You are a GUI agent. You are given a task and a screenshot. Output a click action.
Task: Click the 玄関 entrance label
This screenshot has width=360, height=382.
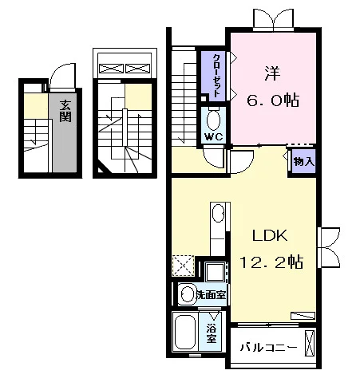[x=65, y=111]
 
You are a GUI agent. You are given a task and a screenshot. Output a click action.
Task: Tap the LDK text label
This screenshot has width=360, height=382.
[x=270, y=235]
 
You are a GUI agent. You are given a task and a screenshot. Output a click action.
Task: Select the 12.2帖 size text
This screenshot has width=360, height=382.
[x=271, y=262]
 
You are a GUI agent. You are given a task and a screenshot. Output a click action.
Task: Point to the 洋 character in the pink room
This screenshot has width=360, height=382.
[x=272, y=74]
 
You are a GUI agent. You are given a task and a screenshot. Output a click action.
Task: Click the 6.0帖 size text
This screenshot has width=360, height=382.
[x=273, y=100]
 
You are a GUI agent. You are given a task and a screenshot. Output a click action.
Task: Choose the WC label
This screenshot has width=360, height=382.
[x=214, y=136]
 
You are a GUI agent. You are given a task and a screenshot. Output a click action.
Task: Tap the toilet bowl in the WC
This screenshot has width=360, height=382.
[x=213, y=120]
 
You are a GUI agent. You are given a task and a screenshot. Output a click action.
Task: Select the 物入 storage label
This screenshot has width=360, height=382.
[x=304, y=161]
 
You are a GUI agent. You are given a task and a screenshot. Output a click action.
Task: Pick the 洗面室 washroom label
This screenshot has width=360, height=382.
[x=211, y=295]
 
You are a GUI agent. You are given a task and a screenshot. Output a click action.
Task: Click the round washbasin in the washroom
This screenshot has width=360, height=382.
[x=188, y=294]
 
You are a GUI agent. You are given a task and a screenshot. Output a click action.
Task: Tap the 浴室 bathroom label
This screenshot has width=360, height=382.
[x=212, y=334]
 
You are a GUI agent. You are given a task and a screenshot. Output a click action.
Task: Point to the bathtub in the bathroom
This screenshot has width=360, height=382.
[x=185, y=332]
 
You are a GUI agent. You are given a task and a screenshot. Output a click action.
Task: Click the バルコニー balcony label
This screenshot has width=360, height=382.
[x=268, y=347]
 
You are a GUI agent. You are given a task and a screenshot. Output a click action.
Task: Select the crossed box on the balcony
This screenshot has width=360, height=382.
[x=309, y=343]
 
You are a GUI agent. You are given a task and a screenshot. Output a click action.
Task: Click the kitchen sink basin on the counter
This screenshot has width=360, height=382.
[x=219, y=213]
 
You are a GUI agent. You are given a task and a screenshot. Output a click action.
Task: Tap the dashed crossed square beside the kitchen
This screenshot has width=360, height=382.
[x=183, y=266]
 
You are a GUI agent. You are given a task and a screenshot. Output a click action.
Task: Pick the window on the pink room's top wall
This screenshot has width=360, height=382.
[x=274, y=18]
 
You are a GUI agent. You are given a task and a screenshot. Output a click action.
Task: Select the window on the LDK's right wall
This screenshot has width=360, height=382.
[x=329, y=247]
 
